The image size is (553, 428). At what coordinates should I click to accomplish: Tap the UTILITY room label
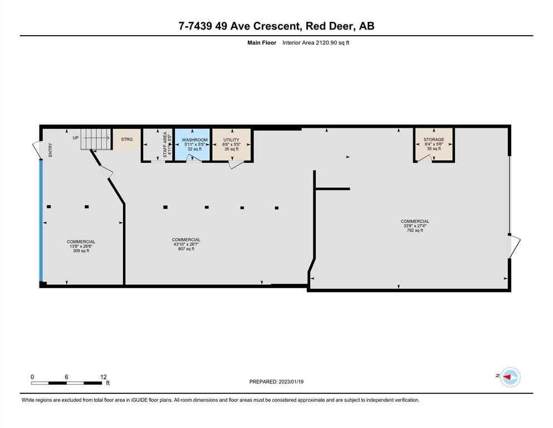(x=231, y=140)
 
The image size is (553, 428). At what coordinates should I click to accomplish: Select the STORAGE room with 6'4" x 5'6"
(x=434, y=144)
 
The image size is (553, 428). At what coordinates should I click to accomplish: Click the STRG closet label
(x=127, y=139)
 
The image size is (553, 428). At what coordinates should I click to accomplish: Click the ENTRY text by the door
(x=50, y=150)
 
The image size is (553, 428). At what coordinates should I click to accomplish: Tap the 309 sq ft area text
(x=81, y=251)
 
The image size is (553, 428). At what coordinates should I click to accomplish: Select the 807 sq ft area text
(x=186, y=249)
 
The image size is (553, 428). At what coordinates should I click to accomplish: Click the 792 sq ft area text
(x=415, y=230)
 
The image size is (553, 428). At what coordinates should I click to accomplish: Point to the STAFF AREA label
(x=165, y=145)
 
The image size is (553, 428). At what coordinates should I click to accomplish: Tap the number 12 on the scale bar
(x=104, y=377)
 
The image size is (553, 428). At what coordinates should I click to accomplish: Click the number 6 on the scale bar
(x=66, y=377)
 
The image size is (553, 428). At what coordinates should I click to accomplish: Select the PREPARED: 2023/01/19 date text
(x=276, y=382)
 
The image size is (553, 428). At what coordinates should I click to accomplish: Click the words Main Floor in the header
(x=262, y=43)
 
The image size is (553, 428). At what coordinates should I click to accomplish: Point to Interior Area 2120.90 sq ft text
(x=316, y=43)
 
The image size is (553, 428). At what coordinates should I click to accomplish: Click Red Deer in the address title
(x=329, y=26)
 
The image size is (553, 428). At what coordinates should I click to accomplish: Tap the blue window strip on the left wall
(x=41, y=221)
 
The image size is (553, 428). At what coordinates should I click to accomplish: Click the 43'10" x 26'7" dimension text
(x=186, y=244)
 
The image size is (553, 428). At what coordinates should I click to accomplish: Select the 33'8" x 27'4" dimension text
(x=415, y=226)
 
